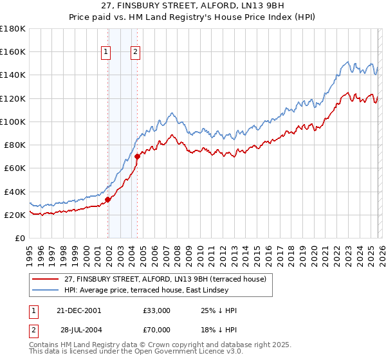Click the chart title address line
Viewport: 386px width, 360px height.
(x=193, y=6)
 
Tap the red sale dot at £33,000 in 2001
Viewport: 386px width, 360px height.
(x=108, y=199)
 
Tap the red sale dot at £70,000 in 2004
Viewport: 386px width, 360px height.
(x=138, y=156)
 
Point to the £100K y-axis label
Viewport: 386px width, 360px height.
(x=13, y=122)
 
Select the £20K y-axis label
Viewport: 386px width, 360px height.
(x=15, y=215)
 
